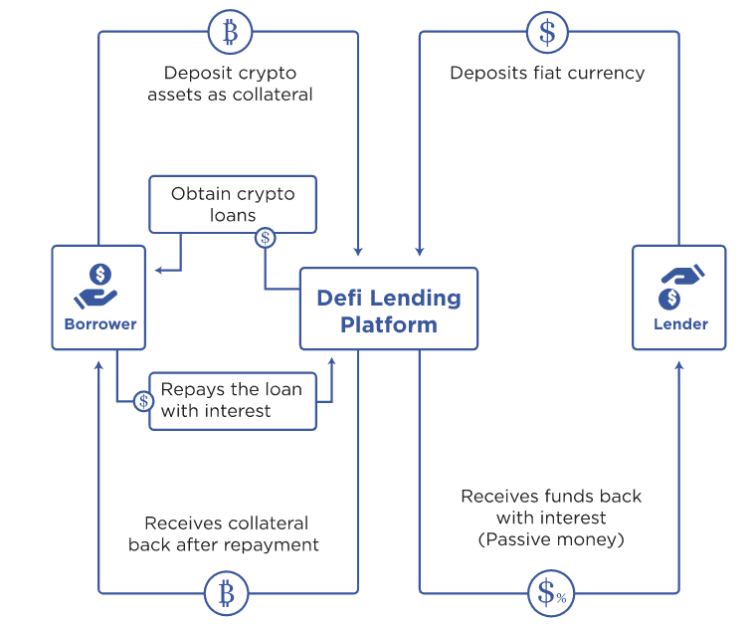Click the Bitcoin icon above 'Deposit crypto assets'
click(x=231, y=32)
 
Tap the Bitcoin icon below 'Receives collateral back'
click(x=227, y=593)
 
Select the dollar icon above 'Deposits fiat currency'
click(x=547, y=32)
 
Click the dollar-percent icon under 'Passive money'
click(x=551, y=593)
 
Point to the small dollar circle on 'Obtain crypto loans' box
click(x=265, y=238)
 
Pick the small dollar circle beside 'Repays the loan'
click(x=143, y=401)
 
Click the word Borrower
click(x=100, y=324)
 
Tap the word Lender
click(x=680, y=324)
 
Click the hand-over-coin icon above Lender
click(x=681, y=287)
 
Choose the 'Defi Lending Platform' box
click(x=389, y=309)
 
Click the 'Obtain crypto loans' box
click(x=233, y=204)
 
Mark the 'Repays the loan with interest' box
click(x=233, y=401)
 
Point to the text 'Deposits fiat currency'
click(x=547, y=73)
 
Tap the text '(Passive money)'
click(x=551, y=539)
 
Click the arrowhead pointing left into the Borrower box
click(x=159, y=271)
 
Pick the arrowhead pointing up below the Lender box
click(x=679, y=365)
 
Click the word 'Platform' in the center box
click(x=389, y=324)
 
